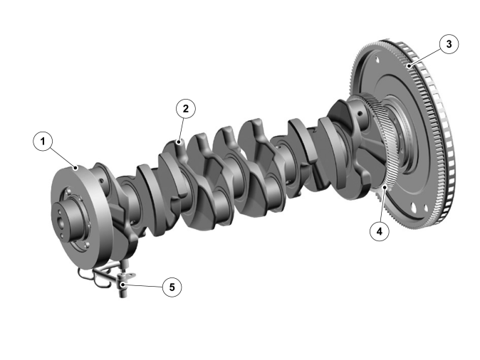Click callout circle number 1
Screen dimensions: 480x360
pos(43,142)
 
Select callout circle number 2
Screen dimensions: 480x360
pos(186,109)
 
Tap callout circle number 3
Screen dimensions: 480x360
pos(449,44)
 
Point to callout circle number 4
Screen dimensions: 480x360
pos(380,231)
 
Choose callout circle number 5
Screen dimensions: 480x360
pos(172,287)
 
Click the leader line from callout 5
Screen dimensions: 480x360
pos(142,286)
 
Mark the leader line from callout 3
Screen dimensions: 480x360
pos(424,58)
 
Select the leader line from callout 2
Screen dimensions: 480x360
pos(182,130)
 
